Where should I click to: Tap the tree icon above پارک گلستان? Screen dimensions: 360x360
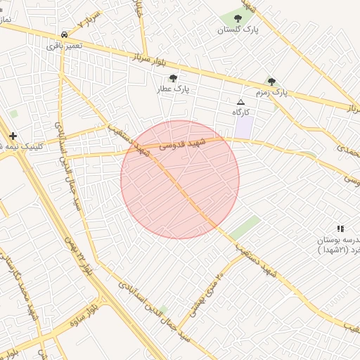(x=238, y=18)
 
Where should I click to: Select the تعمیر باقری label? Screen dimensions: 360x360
(x=65, y=45)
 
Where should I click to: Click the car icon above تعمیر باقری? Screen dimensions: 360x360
(x=65, y=34)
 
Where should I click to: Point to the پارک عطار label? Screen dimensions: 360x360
(x=174, y=89)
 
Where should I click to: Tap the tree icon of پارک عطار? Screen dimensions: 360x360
(x=174, y=78)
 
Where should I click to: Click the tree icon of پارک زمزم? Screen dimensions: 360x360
(x=271, y=82)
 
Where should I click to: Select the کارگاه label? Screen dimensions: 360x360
(x=241, y=112)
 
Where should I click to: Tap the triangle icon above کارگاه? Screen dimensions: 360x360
(x=241, y=102)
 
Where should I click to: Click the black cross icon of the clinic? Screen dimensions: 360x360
(x=13, y=135)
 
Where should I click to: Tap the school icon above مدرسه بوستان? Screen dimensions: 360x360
(x=340, y=229)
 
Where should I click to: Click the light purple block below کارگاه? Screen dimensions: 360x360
(x=243, y=127)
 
